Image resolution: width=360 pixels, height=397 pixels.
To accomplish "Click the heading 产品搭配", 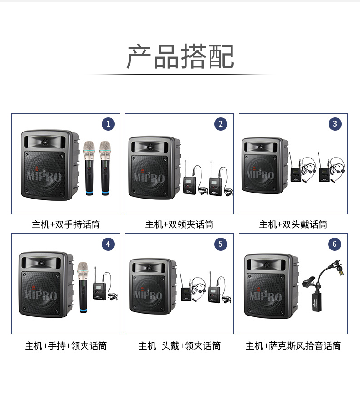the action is (180, 56).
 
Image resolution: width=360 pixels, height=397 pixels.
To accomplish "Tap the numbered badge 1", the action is (108, 124).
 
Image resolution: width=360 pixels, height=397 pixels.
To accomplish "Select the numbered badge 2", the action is (221, 124).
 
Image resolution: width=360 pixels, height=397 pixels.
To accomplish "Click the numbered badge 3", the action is (335, 124).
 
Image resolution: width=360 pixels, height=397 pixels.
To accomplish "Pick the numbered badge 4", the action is (108, 244).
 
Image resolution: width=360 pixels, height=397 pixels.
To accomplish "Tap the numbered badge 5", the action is (221, 244).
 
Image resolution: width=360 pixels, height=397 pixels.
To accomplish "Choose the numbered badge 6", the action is (334, 244).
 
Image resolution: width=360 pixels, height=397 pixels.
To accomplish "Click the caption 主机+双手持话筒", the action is (66, 224).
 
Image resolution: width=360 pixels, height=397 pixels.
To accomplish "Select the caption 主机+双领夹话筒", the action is (180, 224).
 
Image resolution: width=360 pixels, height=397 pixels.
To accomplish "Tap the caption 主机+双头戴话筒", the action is (293, 224).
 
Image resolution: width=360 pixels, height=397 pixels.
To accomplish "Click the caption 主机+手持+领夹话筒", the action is (66, 346).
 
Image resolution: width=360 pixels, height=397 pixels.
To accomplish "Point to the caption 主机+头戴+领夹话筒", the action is (180, 346).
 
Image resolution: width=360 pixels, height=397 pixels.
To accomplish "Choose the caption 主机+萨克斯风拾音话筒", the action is (293, 346).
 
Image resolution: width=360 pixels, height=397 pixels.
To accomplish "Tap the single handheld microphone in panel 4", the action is (83, 287).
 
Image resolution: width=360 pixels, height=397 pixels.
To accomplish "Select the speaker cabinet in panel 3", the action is (265, 166).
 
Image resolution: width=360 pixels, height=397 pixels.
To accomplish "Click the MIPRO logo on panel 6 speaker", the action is (266, 296).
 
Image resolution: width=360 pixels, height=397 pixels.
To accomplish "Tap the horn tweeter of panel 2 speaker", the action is (150, 146).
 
